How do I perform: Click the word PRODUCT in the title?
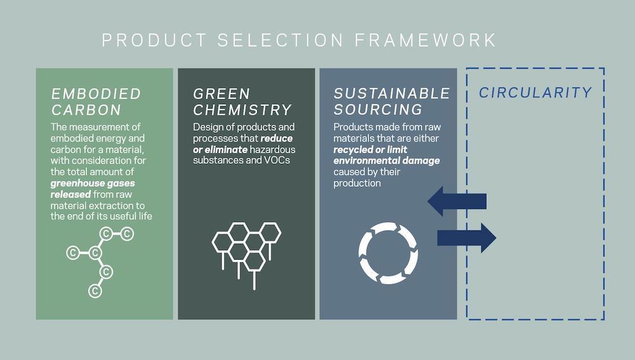tap(154, 40)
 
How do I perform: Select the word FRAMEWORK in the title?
tap(425, 40)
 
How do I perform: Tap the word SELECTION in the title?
tap(281, 40)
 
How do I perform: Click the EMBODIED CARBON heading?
tap(96, 102)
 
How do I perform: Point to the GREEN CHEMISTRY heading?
tap(242, 102)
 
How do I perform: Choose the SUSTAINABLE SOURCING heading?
tap(392, 101)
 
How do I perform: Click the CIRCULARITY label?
tap(535, 93)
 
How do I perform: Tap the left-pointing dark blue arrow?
tap(457, 201)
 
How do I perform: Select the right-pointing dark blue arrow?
tap(467, 237)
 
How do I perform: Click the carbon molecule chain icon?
tap(100, 262)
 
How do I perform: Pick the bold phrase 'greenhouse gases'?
tap(93, 183)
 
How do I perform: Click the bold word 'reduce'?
tap(277, 138)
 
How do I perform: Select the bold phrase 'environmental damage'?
tap(387, 161)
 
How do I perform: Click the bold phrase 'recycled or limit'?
tap(370, 149)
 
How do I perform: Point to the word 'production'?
tap(357, 183)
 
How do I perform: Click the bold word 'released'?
tap(70, 194)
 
